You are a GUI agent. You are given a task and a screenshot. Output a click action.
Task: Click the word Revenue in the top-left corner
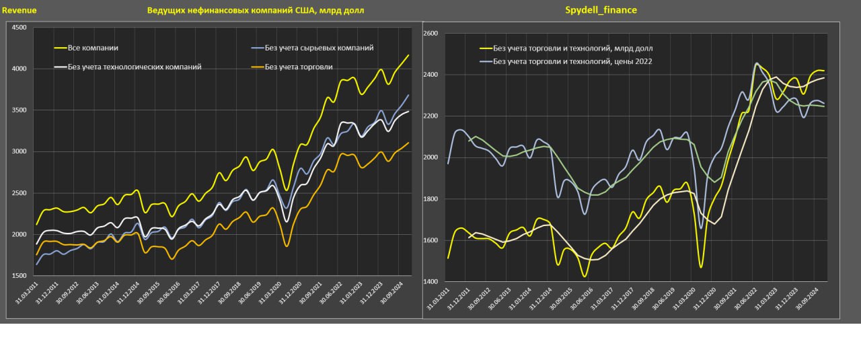click(x=19, y=11)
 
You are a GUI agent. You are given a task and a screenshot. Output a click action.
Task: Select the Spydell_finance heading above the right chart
click(x=601, y=10)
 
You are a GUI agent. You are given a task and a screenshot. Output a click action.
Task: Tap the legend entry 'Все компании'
click(x=93, y=48)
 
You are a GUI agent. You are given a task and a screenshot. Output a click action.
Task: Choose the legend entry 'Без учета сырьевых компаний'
click(x=320, y=48)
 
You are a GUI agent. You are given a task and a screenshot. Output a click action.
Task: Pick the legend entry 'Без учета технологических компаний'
click(x=135, y=67)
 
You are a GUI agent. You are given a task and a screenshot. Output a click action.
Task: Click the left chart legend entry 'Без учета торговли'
click(x=299, y=67)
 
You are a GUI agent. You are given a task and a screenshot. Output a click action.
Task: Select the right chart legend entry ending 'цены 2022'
click(x=572, y=61)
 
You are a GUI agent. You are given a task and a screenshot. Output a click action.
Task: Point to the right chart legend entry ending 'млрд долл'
click(x=572, y=48)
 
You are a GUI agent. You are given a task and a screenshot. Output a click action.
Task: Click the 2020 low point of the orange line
click(x=287, y=246)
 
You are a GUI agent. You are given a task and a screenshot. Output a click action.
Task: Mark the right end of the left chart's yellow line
click(x=408, y=55)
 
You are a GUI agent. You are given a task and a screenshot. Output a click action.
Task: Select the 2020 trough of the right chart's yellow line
click(x=700, y=268)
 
